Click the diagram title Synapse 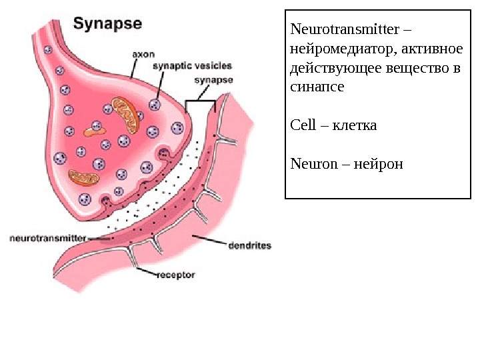tap(107, 24)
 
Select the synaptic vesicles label tap(193, 66)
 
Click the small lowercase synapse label tap(213, 80)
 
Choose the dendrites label tap(250, 246)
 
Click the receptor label tap(175, 275)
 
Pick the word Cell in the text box tap(303, 125)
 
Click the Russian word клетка tap(357, 125)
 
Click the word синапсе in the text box tap(317, 87)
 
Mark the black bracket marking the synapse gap tap(200, 102)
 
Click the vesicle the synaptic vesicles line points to tap(155, 104)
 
